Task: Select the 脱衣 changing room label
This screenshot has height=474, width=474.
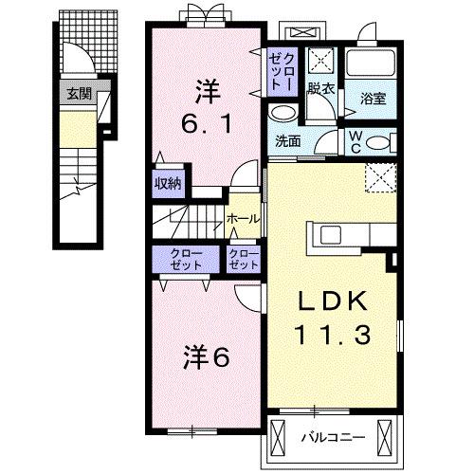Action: pos(321,90)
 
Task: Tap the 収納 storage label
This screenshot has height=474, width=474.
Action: pos(169,183)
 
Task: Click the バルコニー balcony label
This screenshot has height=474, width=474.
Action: pos(327,438)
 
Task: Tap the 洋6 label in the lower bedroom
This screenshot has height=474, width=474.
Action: pos(207,358)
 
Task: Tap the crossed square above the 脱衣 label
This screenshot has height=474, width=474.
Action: pos(321,64)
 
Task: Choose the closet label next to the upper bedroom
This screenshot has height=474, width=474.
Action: pos(280,71)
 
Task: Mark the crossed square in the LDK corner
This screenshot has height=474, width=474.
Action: pos(380,175)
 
